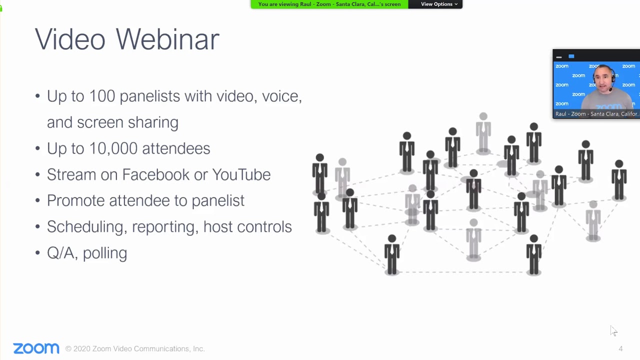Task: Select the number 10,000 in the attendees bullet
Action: tap(113, 148)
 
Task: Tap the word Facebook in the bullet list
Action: tap(155, 174)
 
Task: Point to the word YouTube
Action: tap(241, 174)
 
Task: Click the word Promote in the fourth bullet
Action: tap(75, 200)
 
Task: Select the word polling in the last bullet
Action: tap(105, 253)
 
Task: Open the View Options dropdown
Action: tap(438, 4)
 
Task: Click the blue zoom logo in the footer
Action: tap(36, 348)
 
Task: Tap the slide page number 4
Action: tap(620, 349)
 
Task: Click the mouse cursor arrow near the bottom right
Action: tap(613, 330)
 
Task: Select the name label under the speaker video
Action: tap(596, 114)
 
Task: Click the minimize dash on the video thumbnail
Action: tap(559, 57)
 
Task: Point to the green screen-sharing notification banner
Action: tap(329, 4)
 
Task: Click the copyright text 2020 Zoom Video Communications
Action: tap(135, 349)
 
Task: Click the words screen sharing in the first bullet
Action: tap(127, 122)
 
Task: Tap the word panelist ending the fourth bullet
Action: tap(218, 200)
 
